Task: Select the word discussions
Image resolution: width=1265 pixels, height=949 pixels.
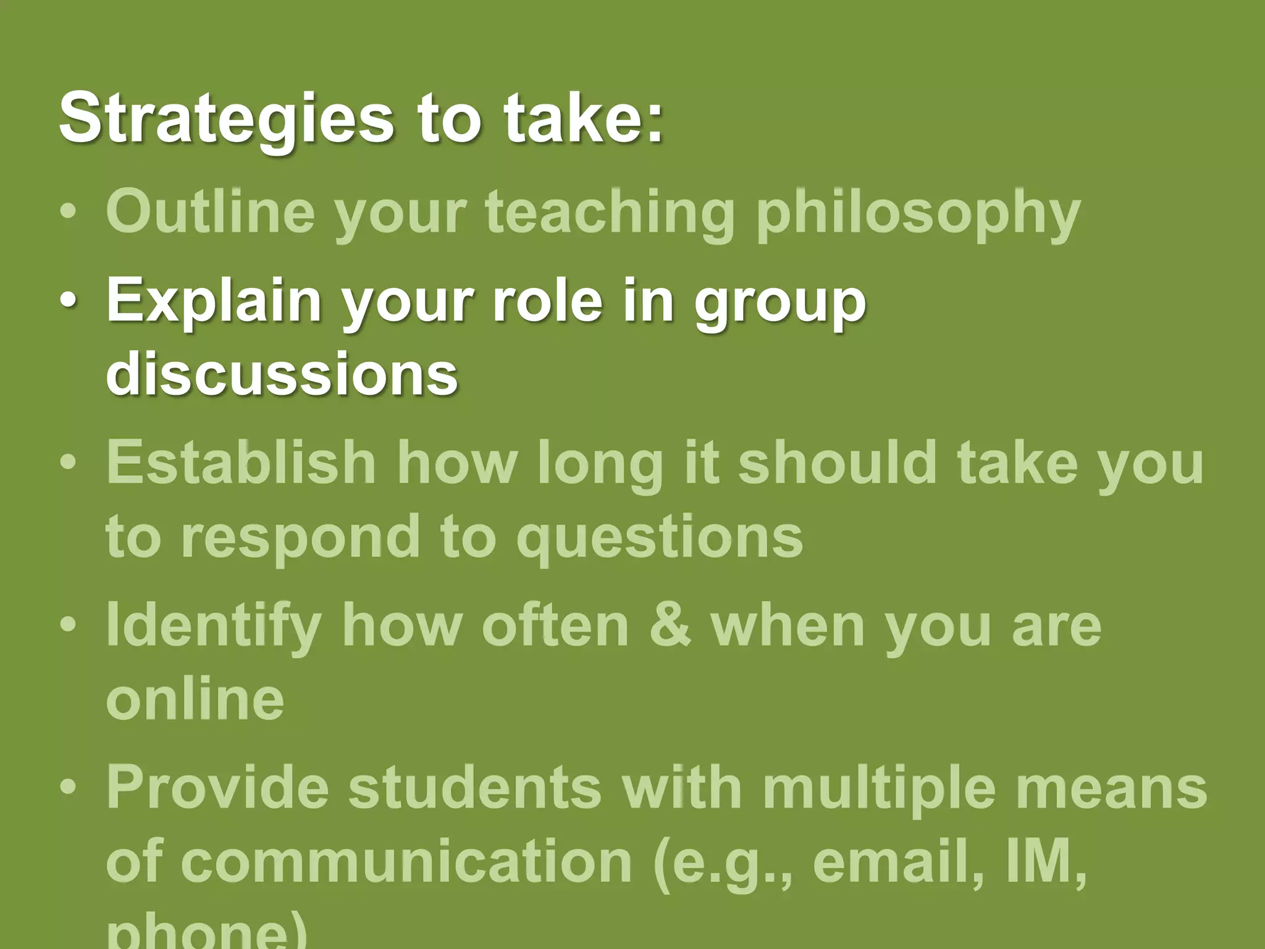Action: [x=282, y=374]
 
